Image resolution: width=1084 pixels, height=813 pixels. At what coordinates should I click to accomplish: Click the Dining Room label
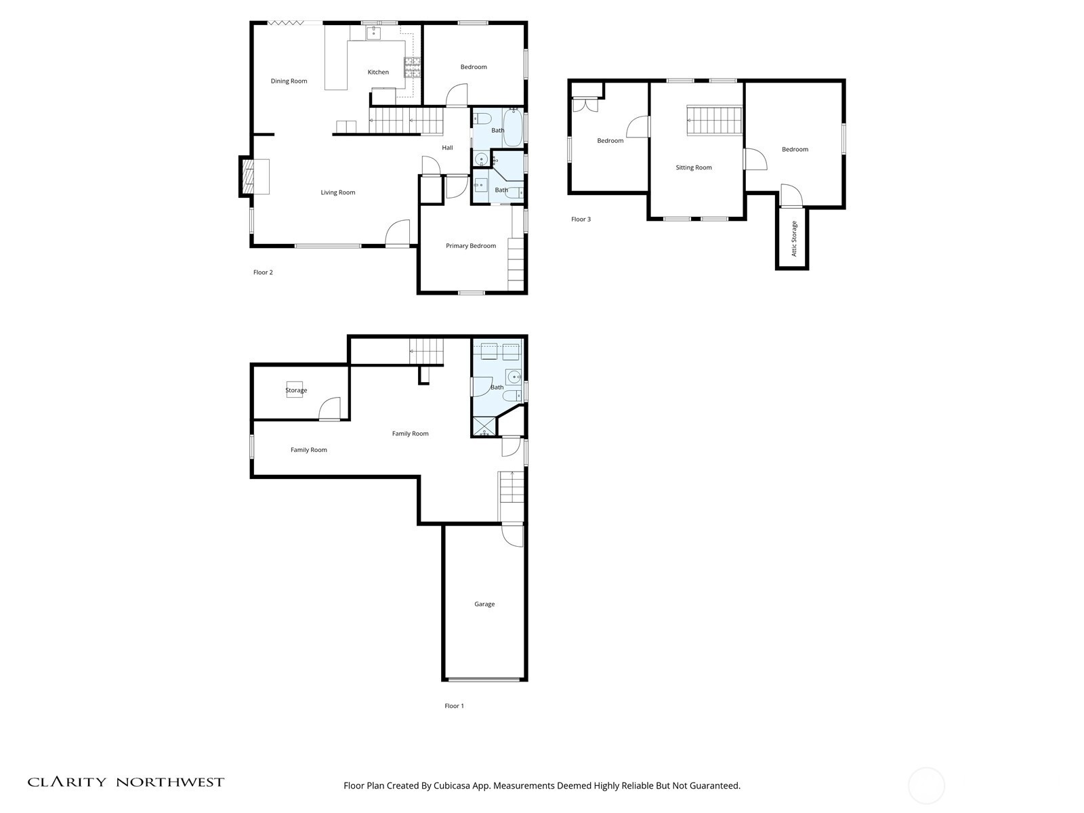click(x=289, y=81)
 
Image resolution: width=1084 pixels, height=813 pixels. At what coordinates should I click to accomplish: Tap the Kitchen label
click(x=378, y=72)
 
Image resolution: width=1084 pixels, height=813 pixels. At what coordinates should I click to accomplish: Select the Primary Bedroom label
click(x=471, y=246)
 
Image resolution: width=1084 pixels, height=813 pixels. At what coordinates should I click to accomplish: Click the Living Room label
click(x=338, y=192)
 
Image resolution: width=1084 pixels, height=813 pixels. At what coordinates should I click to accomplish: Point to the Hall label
click(x=447, y=148)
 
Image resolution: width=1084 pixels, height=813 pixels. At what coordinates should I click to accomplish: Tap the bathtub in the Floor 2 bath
click(x=513, y=127)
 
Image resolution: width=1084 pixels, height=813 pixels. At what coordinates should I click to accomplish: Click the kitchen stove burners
click(x=413, y=68)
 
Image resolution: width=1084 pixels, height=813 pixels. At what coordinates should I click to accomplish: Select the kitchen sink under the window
click(x=373, y=34)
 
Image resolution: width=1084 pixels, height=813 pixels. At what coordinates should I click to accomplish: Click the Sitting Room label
click(x=693, y=167)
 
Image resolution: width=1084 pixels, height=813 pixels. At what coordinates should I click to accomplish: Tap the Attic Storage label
click(x=794, y=239)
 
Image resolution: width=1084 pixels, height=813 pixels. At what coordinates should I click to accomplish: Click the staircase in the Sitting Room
click(x=715, y=121)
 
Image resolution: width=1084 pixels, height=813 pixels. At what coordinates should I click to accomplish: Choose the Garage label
click(x=484, y=604)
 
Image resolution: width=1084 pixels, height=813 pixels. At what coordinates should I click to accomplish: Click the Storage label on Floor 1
click(x=296, y=390)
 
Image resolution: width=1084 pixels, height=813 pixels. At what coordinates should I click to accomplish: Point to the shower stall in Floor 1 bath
click(x=484, y=427)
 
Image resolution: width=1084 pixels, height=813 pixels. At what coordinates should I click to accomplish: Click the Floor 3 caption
click(x=581, y=219)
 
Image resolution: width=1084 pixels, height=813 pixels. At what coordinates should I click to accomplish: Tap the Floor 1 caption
click(x=454, y=706)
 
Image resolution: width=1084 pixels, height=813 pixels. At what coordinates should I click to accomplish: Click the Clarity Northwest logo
click(x=126, y=782)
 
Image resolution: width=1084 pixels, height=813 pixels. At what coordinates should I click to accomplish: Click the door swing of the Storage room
click(x=329, y=409)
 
